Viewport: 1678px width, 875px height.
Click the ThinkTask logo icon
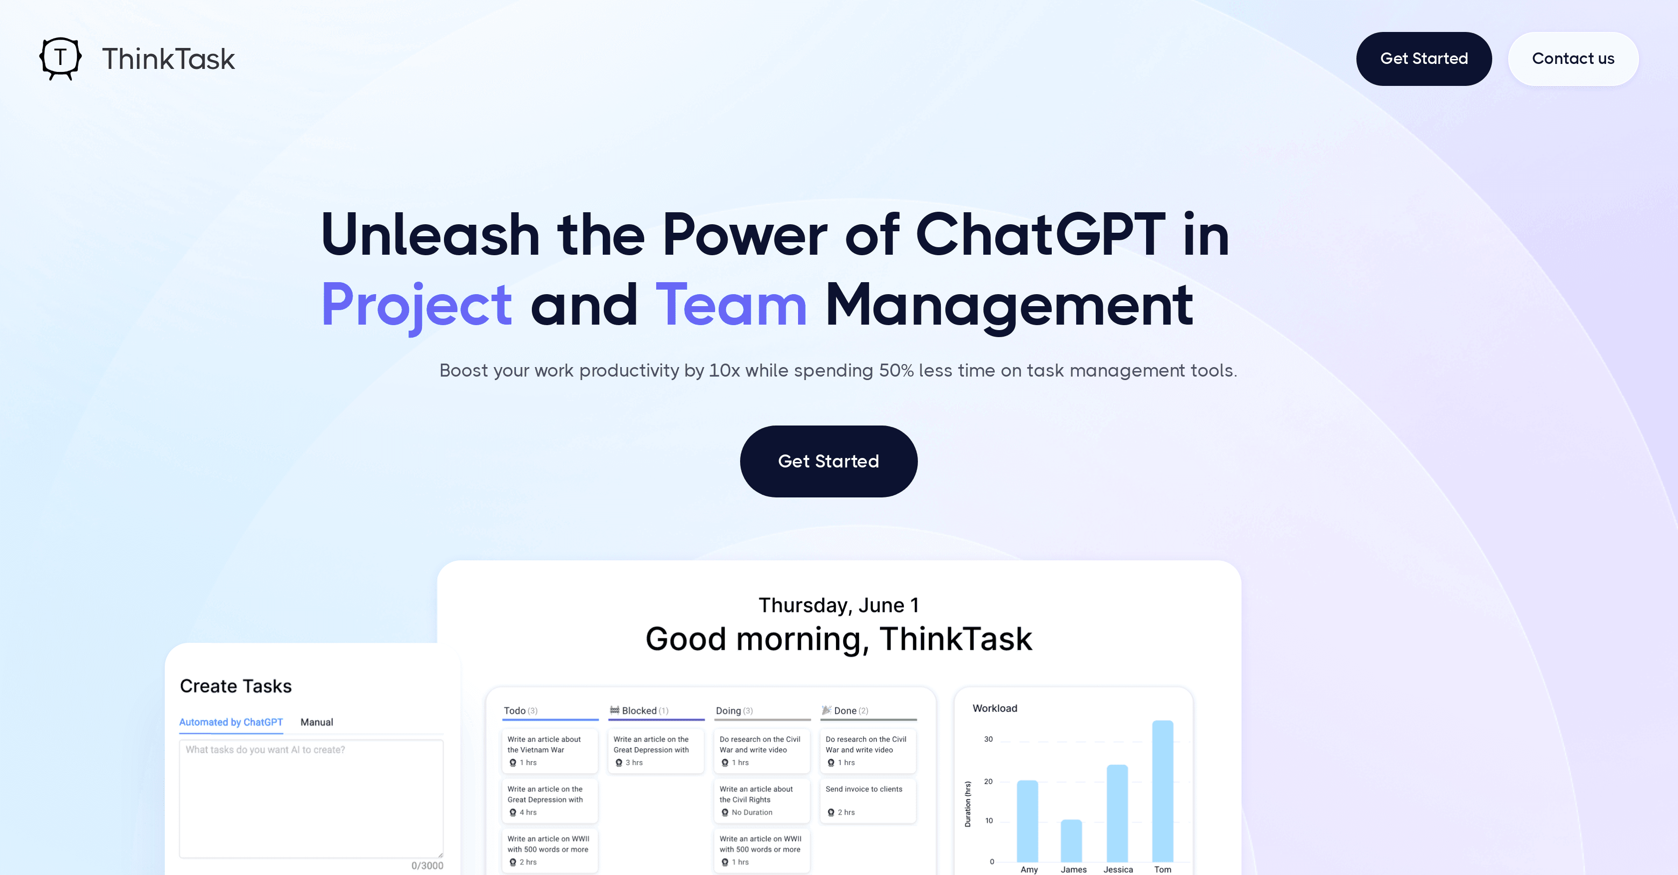click(60, 58)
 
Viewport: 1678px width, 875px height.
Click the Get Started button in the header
click(1423, 58)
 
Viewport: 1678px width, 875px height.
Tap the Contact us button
click(1573, 58)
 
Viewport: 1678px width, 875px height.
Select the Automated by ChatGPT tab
click(231, 722)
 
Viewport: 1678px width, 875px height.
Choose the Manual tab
click(317, 722)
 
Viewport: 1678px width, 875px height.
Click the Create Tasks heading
click(236, 686)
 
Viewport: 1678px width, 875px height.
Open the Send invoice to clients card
click(867, 800)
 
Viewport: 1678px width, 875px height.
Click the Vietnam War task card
click(549, 751)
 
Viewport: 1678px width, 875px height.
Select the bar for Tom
click(1162, 791)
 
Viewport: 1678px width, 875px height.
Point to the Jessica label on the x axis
click(1118, 869)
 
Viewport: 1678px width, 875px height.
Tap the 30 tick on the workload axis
click(988, 739)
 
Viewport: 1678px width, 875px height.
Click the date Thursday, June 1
click(839, 605)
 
